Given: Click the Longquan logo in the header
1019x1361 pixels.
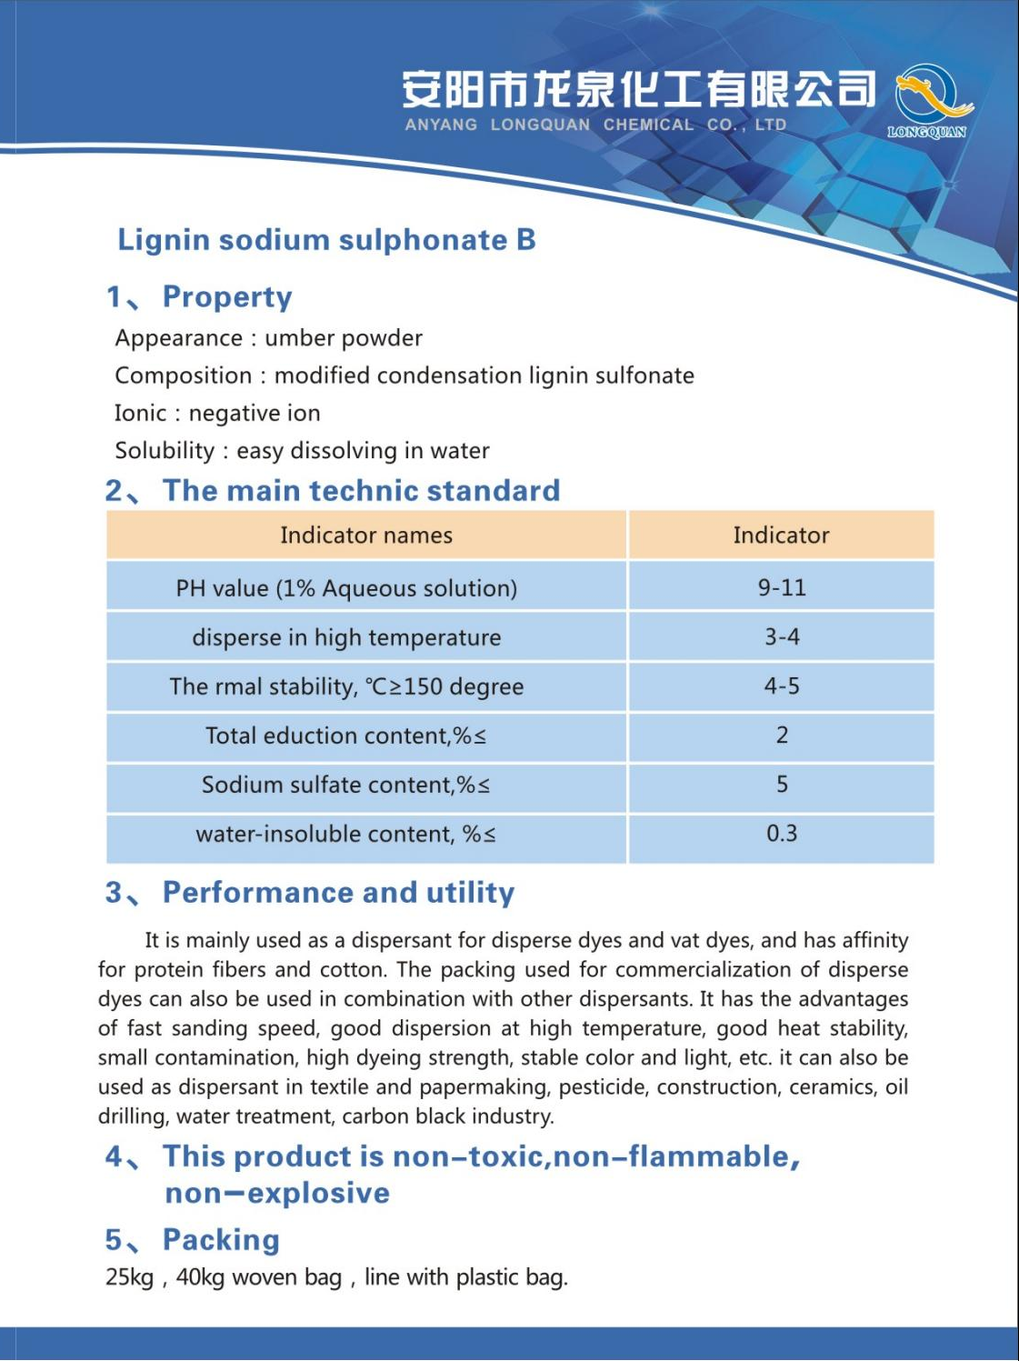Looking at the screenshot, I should (928, 100).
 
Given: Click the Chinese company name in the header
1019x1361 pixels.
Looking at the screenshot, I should (639, 89).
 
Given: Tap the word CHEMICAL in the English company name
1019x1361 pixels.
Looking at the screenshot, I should (648, 125).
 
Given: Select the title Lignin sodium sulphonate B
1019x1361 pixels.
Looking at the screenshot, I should (326, 240).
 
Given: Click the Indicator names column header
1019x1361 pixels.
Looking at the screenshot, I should (365, 535).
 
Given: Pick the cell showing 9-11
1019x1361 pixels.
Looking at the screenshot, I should (782, 587).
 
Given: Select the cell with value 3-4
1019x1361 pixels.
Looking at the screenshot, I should (782, 636).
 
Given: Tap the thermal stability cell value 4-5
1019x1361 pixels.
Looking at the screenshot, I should (782, 686).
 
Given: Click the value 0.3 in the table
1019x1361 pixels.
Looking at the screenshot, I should (782, 833).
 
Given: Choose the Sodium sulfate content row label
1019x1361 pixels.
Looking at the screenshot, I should (345, 785).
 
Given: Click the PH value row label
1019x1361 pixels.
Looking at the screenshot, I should (346, 588).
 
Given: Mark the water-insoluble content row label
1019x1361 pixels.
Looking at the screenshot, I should (345, 834).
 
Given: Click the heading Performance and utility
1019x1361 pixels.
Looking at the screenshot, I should (338, 893).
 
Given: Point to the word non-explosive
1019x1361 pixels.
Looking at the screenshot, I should (277, 1193).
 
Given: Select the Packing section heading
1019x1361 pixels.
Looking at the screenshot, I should (221, 1240).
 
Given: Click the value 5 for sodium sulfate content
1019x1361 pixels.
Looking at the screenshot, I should (782, 784).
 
